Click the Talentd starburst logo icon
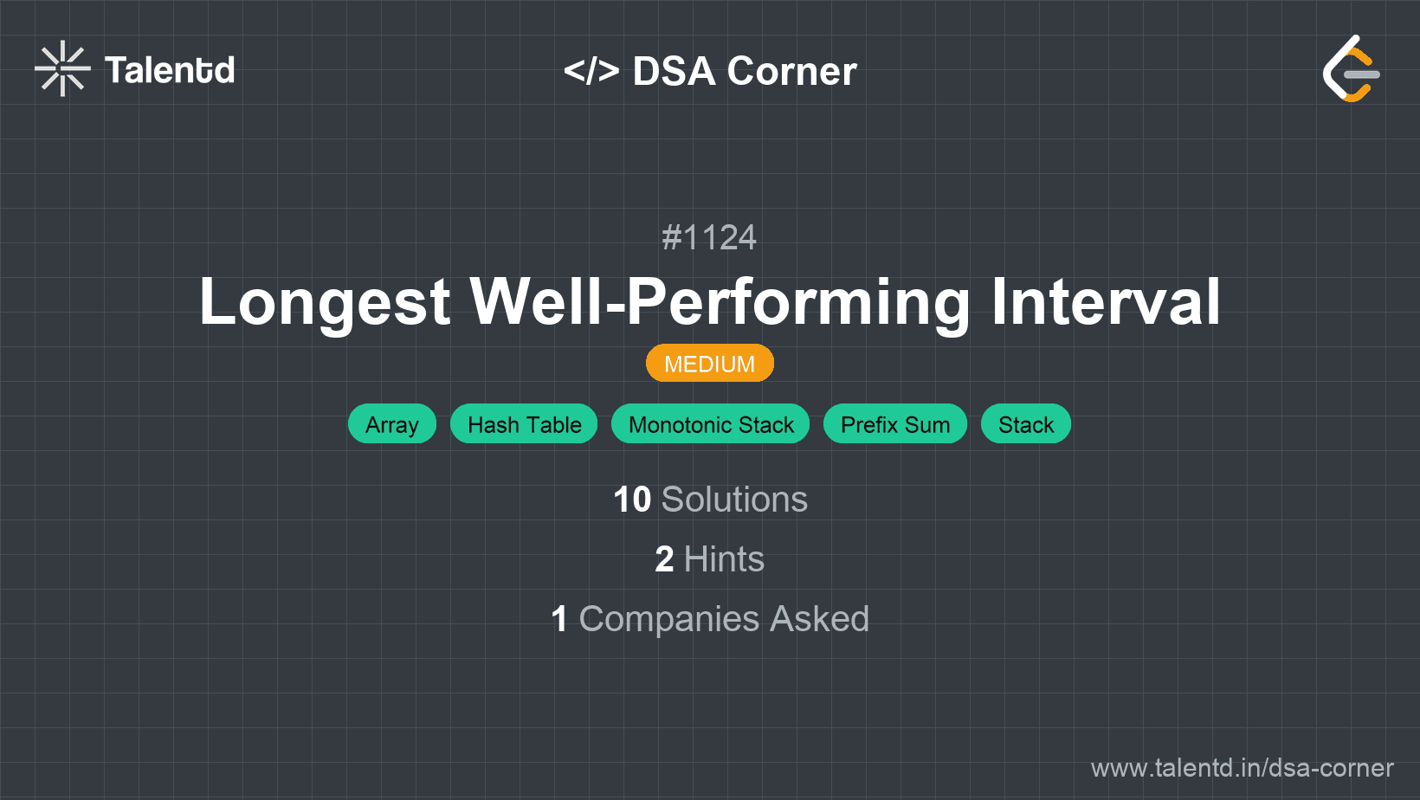click(62, 68)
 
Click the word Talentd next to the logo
click(170, 70)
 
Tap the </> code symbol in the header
click(591, 70)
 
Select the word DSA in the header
click(674, 71)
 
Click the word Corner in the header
click(791, 71)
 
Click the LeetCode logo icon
click(1351, 69)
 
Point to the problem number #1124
click(709, 237)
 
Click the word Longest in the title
click(325, 302)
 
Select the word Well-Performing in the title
click(720, 302)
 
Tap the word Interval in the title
click(1105, 302)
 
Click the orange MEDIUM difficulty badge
click(709, 364)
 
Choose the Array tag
click(391, 424)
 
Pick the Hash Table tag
click(524, 424)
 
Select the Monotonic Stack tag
click(710, 424)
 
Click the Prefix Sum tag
click(894, 424)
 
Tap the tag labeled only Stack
click(1025, 424)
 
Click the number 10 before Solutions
click(632, 500)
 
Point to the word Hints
click(724, 559)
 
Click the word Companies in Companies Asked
click(668, 619)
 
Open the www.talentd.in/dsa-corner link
click(1242, 768)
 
